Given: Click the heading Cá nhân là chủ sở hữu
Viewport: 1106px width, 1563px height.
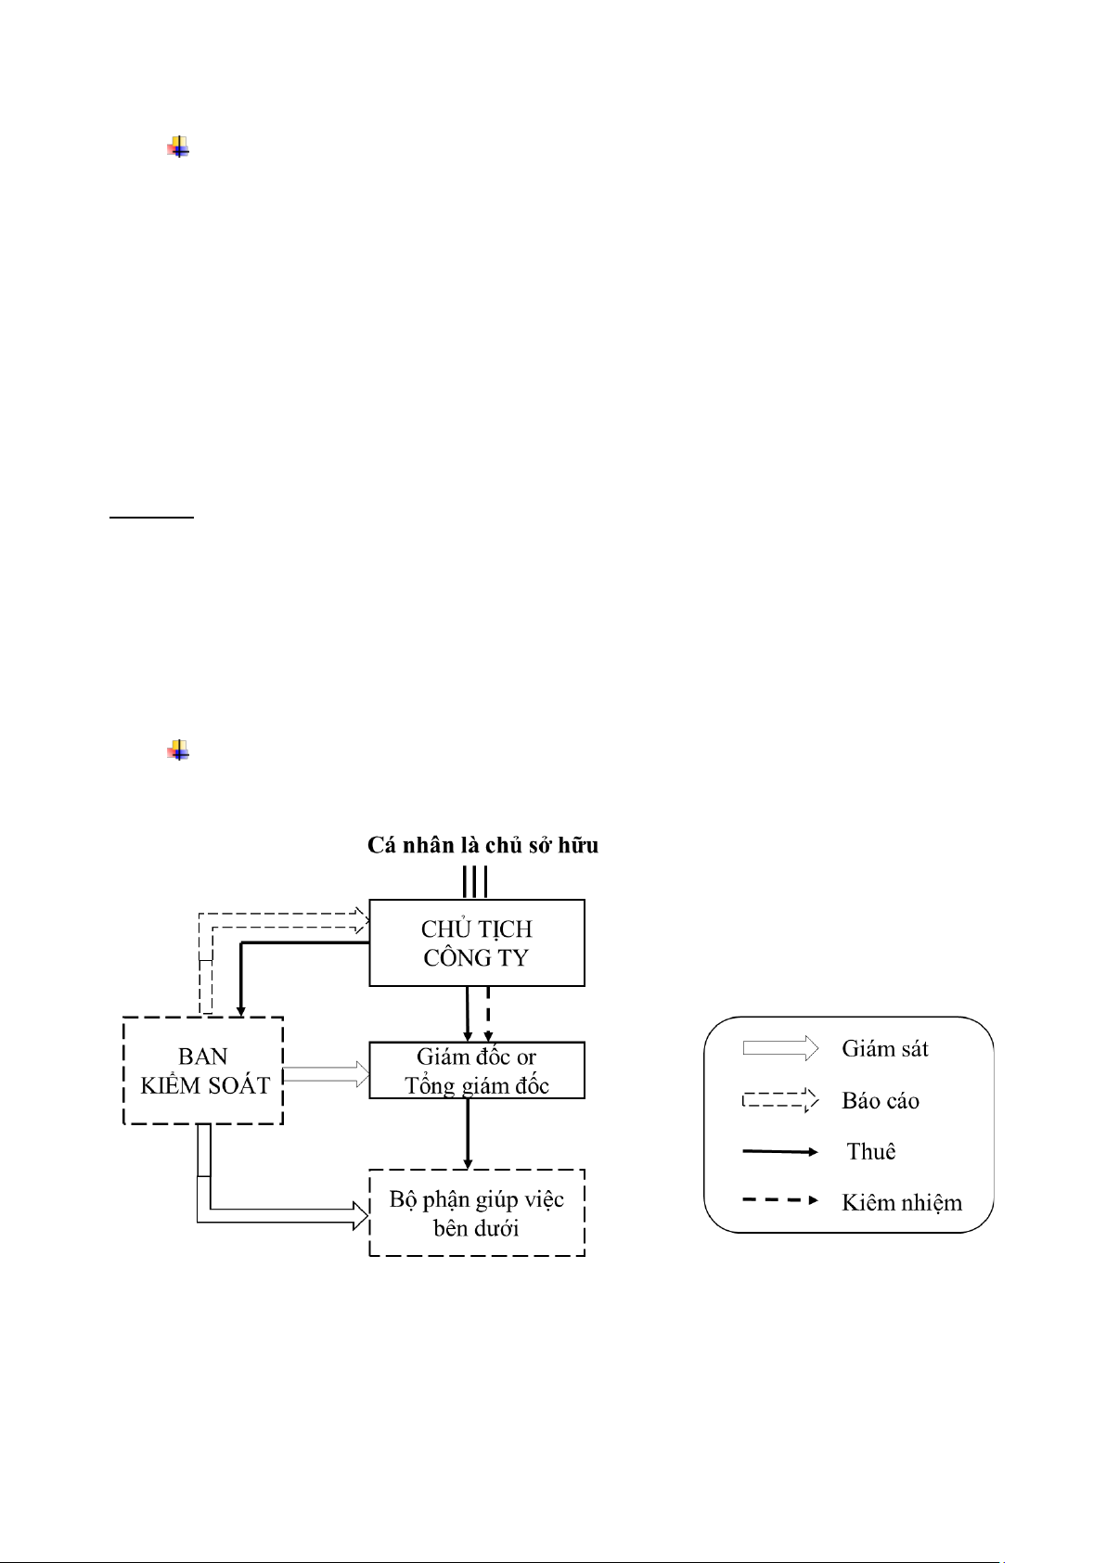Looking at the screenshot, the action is [x=482, y=845].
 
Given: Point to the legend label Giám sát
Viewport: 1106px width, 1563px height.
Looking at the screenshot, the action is [x=885, y=1049].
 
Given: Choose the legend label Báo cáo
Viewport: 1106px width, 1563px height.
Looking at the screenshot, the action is [x=880, y=1101].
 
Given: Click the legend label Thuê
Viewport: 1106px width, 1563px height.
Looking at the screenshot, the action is [x=871, y=1151].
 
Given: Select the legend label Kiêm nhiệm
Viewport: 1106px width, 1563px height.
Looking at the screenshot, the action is [x=902, y=1202].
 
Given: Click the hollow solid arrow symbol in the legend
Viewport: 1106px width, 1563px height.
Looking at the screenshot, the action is [x=780, y=1048].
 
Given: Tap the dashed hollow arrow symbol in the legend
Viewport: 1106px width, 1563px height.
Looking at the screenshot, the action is [x=780, y=1100].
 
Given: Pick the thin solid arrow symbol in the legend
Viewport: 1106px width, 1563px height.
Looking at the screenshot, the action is [x=780, y=1152].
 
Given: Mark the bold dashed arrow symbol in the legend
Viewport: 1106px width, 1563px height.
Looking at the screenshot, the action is [x=780, y=1200].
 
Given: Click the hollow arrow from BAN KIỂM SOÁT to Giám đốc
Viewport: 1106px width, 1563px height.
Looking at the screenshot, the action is [x=326, y=1074].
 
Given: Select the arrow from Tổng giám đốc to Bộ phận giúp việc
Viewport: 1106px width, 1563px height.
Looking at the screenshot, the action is [x=468, y=1134].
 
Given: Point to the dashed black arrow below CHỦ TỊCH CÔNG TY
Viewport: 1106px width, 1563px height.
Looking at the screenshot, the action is [x=488, y=1013].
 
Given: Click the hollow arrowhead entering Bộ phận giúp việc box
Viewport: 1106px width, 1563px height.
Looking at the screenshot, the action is [x=361, y=1215].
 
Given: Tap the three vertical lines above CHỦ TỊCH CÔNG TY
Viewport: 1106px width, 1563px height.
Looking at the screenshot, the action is [x=474, y=882].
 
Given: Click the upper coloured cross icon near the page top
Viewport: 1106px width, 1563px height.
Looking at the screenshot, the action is [x=178, y=147].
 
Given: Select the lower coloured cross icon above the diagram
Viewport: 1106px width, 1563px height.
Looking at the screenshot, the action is [x=178, y=750].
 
